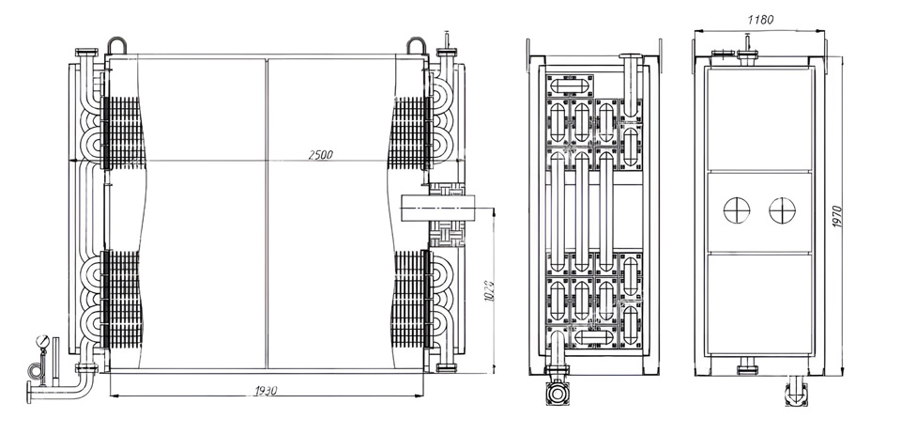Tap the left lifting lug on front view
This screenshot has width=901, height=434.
coord(116,45)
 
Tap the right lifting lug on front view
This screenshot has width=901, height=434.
coord(419,45)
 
